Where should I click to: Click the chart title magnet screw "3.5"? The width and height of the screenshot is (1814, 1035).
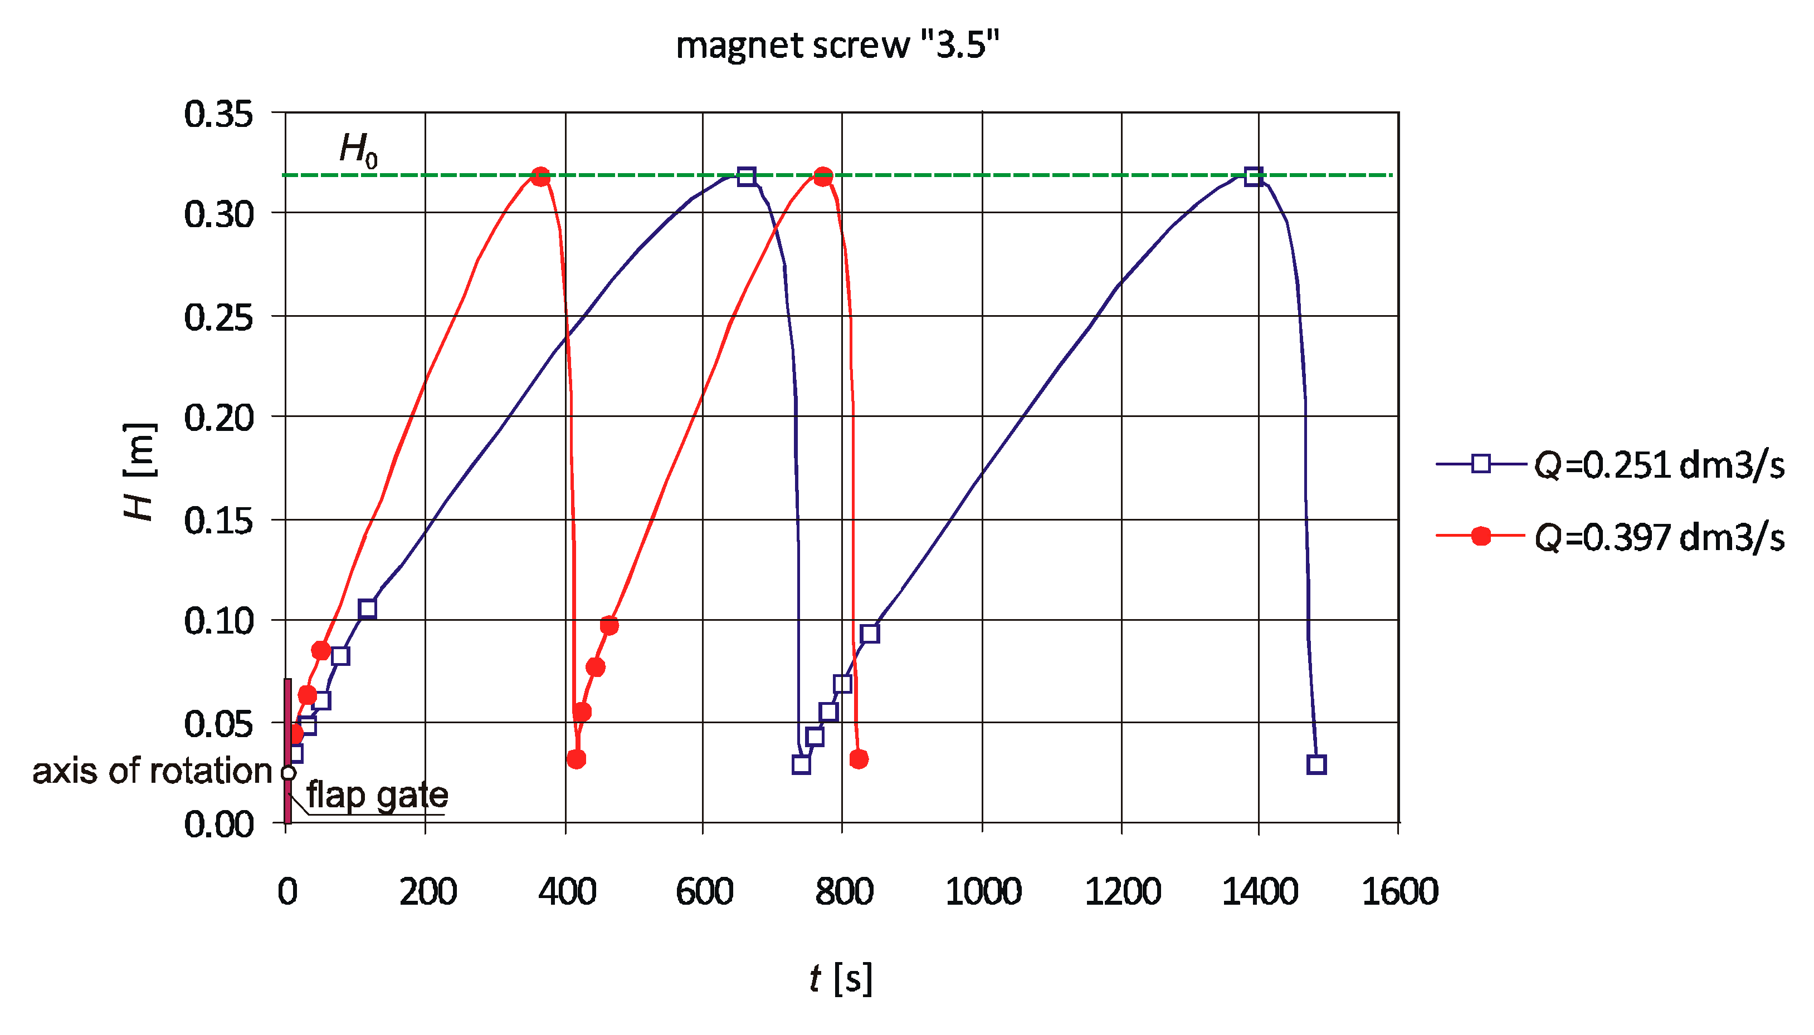point(837,46)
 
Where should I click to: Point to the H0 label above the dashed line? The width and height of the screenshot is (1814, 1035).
point(358,150)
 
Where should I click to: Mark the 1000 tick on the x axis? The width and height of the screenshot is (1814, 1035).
point(983,891)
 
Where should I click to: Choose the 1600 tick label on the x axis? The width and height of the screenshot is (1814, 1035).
point(1399,891)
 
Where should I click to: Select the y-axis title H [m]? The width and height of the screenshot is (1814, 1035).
point(139,472)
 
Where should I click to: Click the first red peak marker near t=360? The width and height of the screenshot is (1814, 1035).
point(540,176)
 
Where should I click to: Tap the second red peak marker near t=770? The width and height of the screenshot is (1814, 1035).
point(823,176)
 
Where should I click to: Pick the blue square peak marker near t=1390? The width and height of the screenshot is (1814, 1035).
point(1253,176)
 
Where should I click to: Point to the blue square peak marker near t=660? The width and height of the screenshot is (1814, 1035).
point(746,176)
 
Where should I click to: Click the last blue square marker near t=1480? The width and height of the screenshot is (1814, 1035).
point(1316,765)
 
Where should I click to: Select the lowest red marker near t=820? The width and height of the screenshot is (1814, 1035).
point(859,759)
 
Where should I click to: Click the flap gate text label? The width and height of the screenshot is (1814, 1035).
point(377,794)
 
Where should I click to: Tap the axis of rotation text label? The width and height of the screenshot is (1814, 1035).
point(152,771)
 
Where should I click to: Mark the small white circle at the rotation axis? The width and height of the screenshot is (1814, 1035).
point(288,773)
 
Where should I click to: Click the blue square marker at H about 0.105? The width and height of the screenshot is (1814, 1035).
point(367,609)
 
